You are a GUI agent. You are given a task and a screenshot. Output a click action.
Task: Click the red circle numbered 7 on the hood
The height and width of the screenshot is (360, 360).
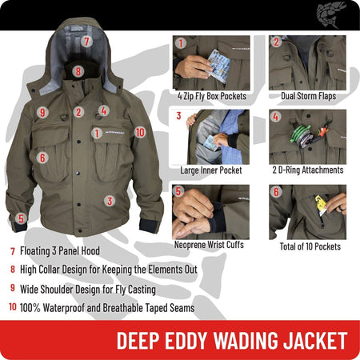(x=86, y=39)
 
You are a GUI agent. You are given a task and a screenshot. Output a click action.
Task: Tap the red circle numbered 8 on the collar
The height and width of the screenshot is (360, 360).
(x=78, y=71)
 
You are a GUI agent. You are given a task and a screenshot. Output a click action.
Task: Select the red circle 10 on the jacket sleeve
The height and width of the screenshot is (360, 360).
(x=140, y=131)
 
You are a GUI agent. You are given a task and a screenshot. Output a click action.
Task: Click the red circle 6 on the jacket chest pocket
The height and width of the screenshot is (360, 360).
(x=42, y=158)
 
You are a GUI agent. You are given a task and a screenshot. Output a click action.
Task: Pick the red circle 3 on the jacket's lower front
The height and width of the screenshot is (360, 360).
(x=110, y=201)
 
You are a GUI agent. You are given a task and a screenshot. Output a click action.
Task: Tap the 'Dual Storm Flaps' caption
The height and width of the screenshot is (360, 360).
(x=307, y=96)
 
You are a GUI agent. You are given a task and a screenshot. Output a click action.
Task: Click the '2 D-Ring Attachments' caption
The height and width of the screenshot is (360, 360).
(x=307, y=170)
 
